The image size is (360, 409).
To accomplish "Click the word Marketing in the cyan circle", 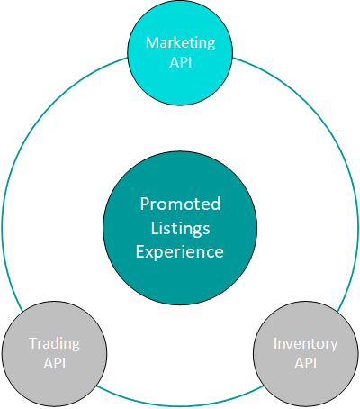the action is point(180,43).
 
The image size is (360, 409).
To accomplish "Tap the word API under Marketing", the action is point(181,62).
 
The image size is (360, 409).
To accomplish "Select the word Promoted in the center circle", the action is point(180,204).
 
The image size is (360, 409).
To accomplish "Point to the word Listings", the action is point(180,229).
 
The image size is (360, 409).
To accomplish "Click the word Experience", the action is point(180,252).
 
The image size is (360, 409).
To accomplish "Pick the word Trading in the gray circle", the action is point(55,344).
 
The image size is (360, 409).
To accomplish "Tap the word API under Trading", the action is point(55,363).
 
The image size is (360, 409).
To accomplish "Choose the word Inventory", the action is point(306,344).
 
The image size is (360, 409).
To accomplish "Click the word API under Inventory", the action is point(306,363).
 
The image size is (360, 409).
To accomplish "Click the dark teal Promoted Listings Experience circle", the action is point(180,282).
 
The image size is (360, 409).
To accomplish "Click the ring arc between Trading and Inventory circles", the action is point(180,405).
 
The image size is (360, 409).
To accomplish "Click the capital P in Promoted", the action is point(145,204).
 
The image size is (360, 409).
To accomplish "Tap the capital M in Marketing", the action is point(152,42).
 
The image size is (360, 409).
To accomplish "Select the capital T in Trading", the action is point(33,343).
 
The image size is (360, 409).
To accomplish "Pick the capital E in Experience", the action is point(140,251).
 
